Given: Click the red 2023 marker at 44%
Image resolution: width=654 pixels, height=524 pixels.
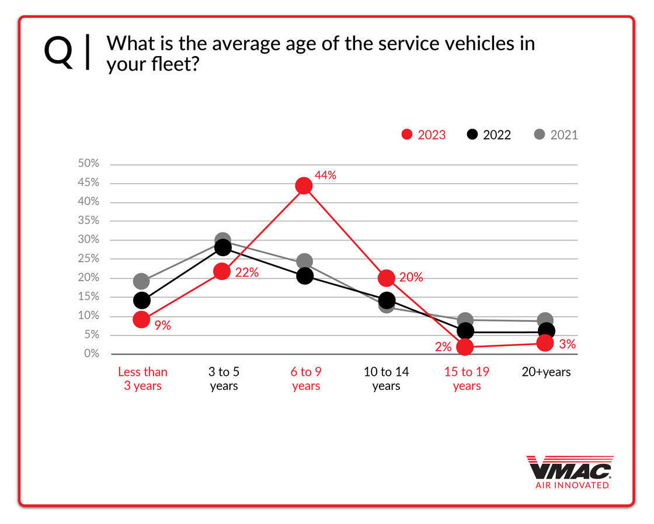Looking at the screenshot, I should (304, 186).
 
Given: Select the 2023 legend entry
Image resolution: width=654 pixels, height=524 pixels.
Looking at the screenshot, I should (424, 135).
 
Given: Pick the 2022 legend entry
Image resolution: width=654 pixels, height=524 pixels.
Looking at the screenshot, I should (489, 135).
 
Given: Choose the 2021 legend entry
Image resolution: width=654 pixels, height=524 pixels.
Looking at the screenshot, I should (556, 135).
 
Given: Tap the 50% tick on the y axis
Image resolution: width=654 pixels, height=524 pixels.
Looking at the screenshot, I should (89, 164).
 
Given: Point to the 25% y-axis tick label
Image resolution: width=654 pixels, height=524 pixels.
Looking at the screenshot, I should (89, 258).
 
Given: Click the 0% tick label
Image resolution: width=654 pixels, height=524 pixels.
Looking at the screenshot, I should (92, 354).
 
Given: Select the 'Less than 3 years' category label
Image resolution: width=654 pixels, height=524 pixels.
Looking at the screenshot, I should (142, 379).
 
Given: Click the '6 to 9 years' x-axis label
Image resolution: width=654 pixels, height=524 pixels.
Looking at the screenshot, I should (305, 379).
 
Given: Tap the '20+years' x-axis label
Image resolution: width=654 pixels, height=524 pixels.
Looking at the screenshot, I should (546, 372).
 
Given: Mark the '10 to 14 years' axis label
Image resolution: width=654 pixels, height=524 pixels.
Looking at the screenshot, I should (386, 379).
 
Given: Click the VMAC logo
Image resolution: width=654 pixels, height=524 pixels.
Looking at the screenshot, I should (569, 471).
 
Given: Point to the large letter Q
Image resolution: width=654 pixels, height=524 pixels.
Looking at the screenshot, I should (59, 52).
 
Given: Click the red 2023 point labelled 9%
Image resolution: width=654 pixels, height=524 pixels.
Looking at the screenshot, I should (141, 319).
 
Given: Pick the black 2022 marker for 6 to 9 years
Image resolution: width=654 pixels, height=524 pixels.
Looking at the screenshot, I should (304, 275).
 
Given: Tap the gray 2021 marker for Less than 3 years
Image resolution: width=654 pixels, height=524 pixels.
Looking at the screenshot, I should (141, 281).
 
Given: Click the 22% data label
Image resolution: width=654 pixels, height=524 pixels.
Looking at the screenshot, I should (246, 272).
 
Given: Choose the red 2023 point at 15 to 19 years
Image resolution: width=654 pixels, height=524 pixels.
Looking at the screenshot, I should (465, 348).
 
